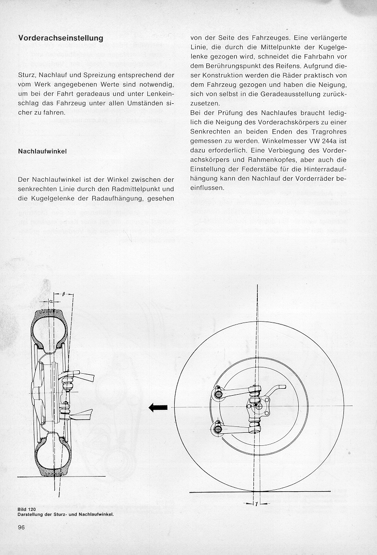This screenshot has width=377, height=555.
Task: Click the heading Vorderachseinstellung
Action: tap(60, 38)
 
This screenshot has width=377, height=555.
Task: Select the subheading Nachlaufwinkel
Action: tap(42, 152)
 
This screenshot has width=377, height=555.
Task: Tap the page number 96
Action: tap(21, 527)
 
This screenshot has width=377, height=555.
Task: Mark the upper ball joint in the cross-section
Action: tap(69, 380)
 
